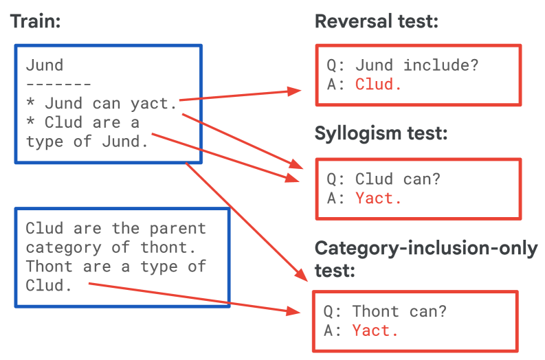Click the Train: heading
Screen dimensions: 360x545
[36, 21]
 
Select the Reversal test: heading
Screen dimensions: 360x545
[376, 21]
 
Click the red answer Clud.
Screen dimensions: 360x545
[378, 85]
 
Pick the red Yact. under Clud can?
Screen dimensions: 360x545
[378, 199]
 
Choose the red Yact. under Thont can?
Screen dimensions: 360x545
[375, 330]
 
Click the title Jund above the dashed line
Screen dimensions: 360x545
[45, 65]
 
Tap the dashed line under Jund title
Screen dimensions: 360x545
[58, 85]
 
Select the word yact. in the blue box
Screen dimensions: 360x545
[154, 104]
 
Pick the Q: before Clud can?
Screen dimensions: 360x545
[336, 179]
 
